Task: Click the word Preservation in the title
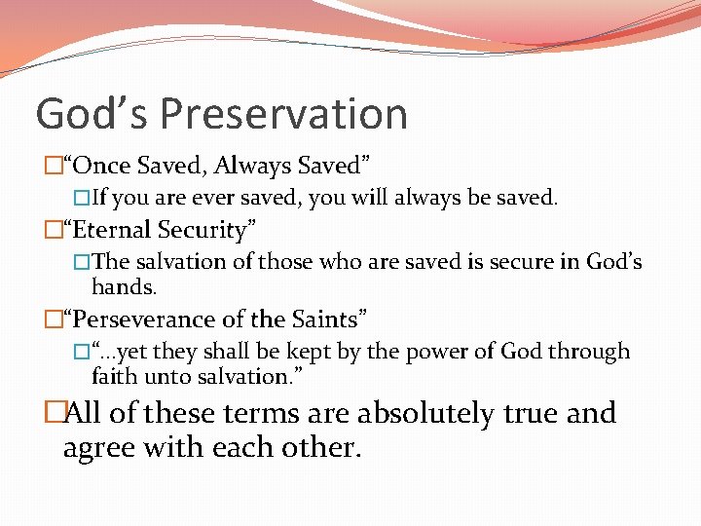[x=283, y=114]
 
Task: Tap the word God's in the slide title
[x=92, y=114]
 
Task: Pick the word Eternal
[x=113, y=230]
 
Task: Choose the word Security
[x=208, y=230]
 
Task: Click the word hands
[x=124, y=286]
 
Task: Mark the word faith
[x=114, y=376]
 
